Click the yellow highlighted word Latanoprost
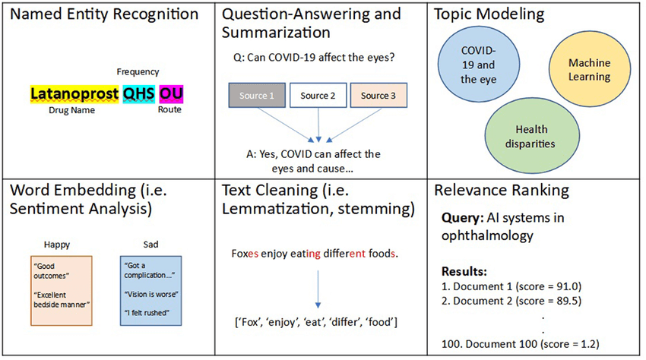(74, 93)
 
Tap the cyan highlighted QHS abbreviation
(139, 93)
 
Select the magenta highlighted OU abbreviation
(171, 93)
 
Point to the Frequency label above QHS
(138, 71)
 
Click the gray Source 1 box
(256, 96)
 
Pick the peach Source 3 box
(378, 96)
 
